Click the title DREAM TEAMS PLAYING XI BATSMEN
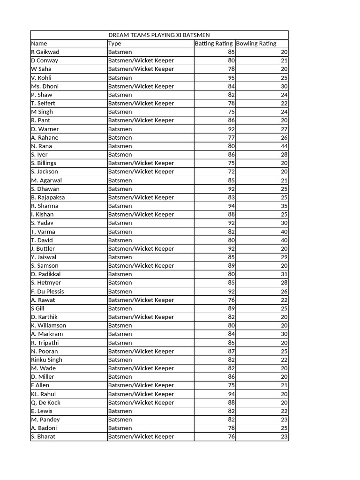[x=159, y=35]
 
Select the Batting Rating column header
[x=214, y=44]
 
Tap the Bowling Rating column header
[x=256, y=44]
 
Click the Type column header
[x=115, y=44]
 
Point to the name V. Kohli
[x=41, y=78]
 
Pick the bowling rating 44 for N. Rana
[x=284, y=146]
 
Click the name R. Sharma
[x=45, y=206]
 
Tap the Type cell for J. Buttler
[x=141, y=248]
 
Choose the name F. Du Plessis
[x=47, y=292]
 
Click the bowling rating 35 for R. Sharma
[x=284, y=206]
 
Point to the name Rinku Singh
[x=46, y=360]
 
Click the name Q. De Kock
[x=45, y=403]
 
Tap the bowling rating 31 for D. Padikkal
[x=284, y=274]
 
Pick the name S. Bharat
[x=43, y=437]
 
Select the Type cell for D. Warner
[x=120, y=129]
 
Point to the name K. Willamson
[x=48, y=326]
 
